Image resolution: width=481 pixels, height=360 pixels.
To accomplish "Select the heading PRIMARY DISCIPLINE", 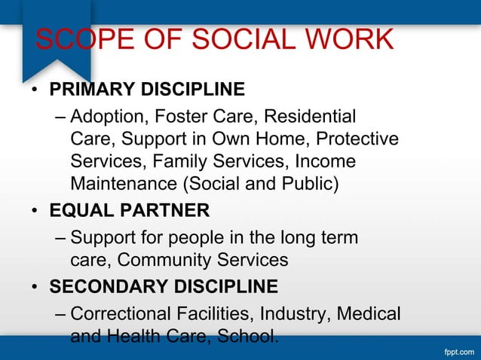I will pyautogui.click(x=147, y=90).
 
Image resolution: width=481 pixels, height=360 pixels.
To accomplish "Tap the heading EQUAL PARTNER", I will pyautogui.click(x=129, y=209).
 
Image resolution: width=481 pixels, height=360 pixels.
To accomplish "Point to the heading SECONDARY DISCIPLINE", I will pyautogui.click(x=164, y=287).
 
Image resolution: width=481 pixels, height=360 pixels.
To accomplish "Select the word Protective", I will pyautogui.click(x=357, y=139).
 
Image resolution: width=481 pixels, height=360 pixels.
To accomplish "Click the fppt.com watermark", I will pyautogui.click(x=457, y=351).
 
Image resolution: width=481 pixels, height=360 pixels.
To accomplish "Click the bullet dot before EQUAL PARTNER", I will pyautogui.click(x=35, y=209).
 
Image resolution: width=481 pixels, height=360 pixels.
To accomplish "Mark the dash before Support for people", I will pyautogui.click(x=60, y=239).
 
